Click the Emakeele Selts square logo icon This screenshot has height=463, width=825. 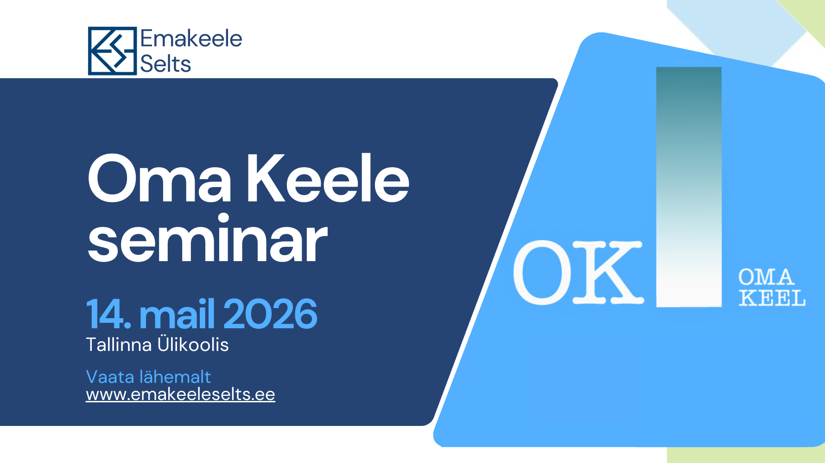[112, 51]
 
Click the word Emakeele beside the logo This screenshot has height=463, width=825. [191, 38]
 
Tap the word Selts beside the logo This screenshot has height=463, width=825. [165, 63]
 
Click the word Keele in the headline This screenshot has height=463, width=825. [328, 178]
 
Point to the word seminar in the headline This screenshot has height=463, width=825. [208, 239]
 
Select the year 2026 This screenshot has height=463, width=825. [271, 314]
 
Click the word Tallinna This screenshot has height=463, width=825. [119, 345]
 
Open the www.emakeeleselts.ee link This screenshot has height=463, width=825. [181, 394]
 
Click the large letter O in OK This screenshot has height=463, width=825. [543, 273]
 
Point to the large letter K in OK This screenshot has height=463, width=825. [608, 273]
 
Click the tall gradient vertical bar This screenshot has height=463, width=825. [689, 187]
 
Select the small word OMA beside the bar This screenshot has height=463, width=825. [767, 277]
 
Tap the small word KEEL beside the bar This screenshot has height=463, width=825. [772, 298]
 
